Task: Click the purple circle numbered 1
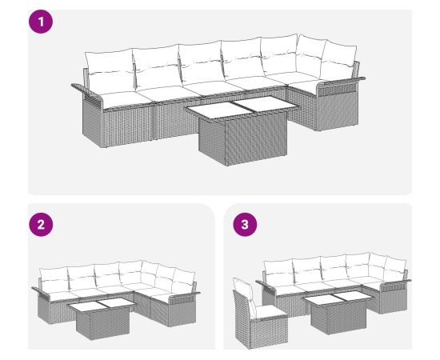pyautogui.click(x=41, y=22)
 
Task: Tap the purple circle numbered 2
pyautogui.click(x=41, y=225)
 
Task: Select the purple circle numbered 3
pyautogui.click(x=245, y=225)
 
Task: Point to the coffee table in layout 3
pyautogui.click(x=338, y=312)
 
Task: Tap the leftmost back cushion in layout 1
pyautogui.click(x=110, y=70)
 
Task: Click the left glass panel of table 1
pyautogui.click(x=219, y=109)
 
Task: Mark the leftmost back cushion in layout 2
pyautogui.click(x=54, y=279)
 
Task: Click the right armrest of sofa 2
pyautogui.click(x=184, y=298)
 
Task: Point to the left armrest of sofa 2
pyautogui.click(x=42, y=293)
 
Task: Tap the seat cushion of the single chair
pyautogui.click(x=270, y=311)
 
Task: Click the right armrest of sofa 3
pyautogui.click(x=395, y=284)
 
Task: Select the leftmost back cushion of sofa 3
pyautogui.click(x=278, y=273)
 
